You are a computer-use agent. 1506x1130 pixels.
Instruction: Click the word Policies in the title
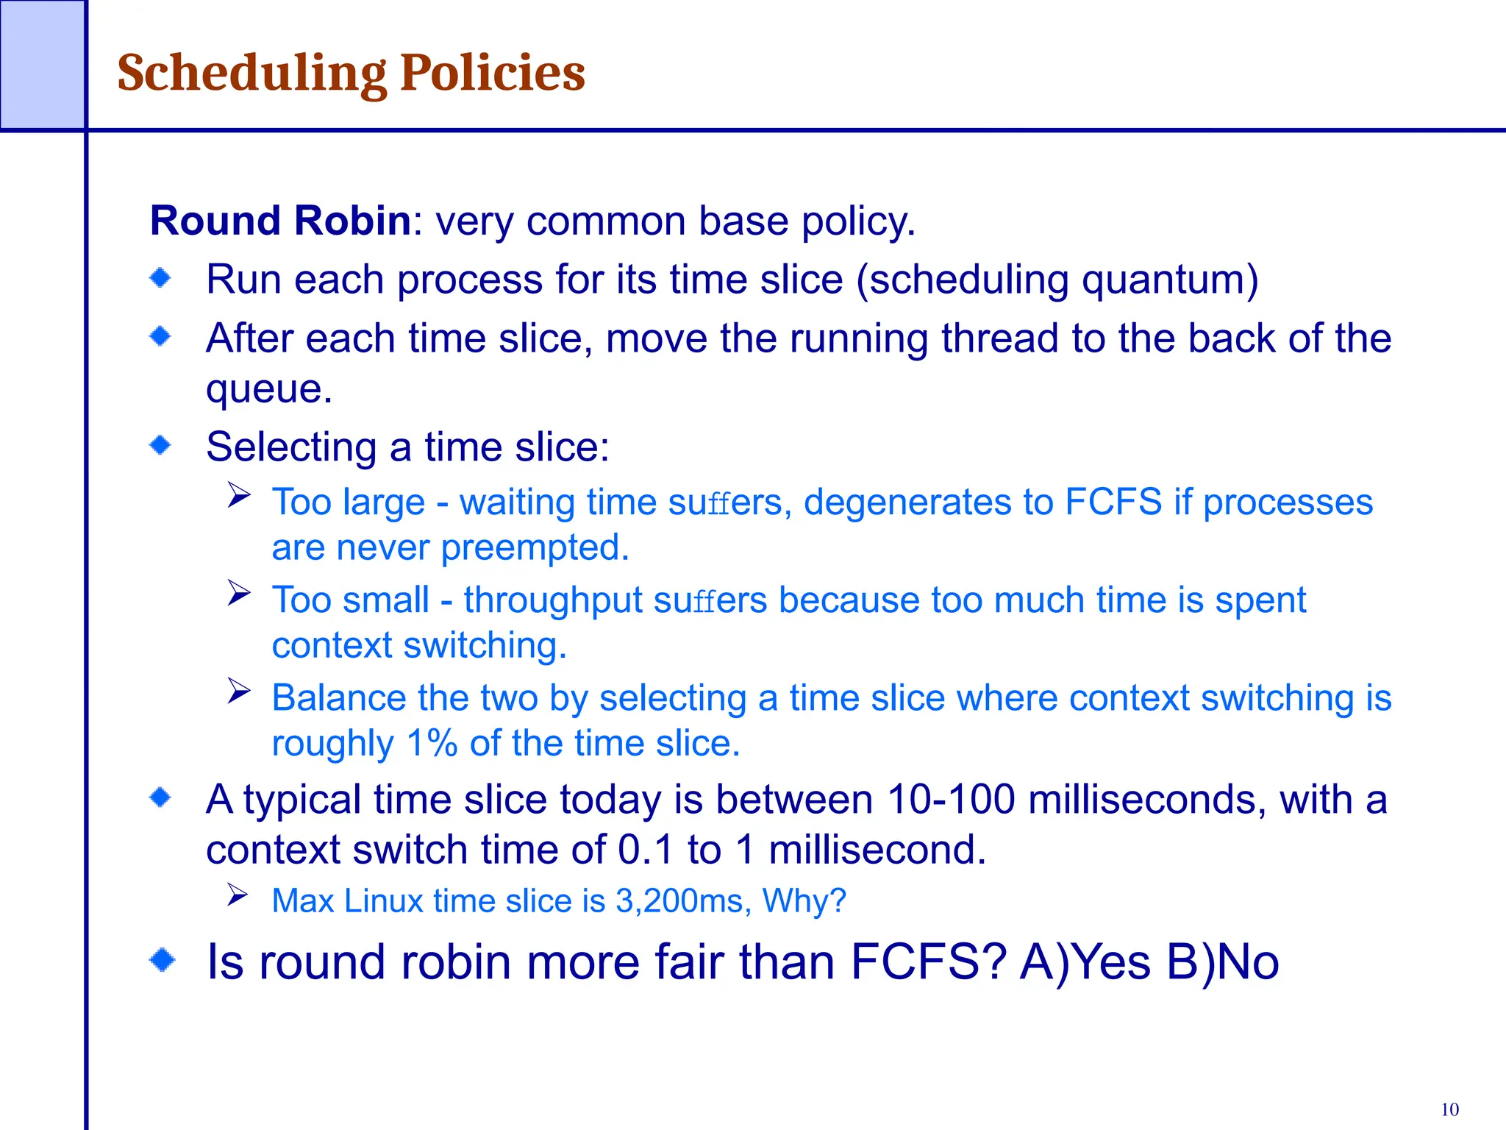[492, 74]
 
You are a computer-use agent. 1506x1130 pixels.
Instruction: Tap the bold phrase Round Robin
[280, 221]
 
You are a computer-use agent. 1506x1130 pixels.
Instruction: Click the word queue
[268, 388]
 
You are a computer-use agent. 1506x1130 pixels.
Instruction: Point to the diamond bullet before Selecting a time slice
[160, 445]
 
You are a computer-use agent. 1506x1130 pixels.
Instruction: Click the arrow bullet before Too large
[239, 495]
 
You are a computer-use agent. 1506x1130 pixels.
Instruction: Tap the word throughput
[553, 600]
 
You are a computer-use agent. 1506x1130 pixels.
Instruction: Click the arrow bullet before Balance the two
[239, 691]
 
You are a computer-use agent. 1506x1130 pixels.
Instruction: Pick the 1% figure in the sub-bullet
[432, 743]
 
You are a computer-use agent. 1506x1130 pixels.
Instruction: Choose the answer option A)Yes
[1085, 962]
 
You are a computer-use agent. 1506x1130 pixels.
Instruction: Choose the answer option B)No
[1223, 962]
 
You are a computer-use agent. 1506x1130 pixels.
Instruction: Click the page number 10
[1449, 1109]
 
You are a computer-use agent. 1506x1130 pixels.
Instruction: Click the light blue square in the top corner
[42, 65]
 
